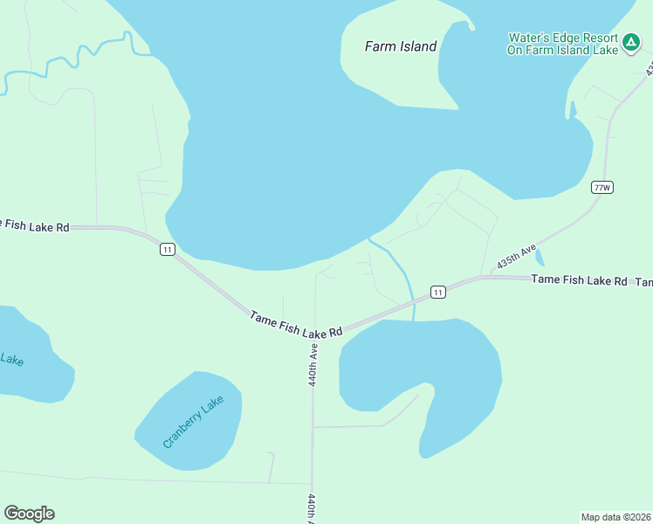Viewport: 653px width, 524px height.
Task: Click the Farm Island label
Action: [x=400, y=46]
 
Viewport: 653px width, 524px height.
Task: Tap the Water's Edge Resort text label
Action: [x=562, y=44]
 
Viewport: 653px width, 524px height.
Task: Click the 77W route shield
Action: [x=601, y=188]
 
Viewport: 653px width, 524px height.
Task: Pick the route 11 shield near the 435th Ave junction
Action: [x=438, y=292]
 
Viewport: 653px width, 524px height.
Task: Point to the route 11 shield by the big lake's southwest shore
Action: [x=168, y=250]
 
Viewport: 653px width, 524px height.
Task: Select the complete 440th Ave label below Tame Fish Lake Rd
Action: [x=312, y=365]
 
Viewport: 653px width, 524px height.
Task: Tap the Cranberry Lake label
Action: [x=193, y=422]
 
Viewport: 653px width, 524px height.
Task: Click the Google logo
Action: [x=29, y=514]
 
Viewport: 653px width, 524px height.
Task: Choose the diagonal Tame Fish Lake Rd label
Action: [x=295, y=325]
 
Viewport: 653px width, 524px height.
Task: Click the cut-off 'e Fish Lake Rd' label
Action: [x=35, y=226]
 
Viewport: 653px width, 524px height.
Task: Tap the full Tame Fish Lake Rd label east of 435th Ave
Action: [x=580, y=280]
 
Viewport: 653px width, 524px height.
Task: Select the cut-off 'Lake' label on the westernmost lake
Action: [x=12, y=359]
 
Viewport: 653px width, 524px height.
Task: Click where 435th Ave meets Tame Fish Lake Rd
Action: [x=481, y=279]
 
